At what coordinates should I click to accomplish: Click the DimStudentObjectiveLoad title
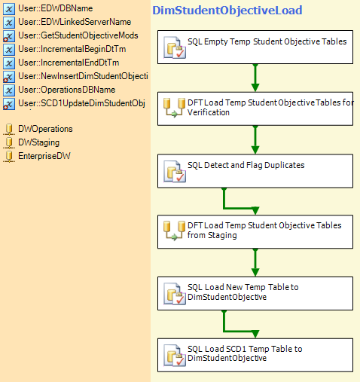click(x=227, y=11)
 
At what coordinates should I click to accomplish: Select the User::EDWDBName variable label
click(x=56, y=8)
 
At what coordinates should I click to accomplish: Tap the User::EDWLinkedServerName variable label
click(x=75, y=22)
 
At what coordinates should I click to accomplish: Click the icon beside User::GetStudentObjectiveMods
click(x=9, y=36)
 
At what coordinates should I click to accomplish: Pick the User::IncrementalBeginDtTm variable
click(x=72, y=49)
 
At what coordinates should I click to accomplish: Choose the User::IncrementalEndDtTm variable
click(x=69, y=63)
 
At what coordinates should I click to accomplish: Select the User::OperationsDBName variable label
click(x=67, y=90)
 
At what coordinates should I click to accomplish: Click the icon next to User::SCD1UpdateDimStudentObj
click(x=9, y=104)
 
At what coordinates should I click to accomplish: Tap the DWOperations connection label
click(x=45, y=129)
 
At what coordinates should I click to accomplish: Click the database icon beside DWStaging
click(x=9, y=142)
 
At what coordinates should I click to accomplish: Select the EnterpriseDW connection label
click(x=44, y=156)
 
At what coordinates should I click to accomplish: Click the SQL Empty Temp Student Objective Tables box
click(x=255, y=47)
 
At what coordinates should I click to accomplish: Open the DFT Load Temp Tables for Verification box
click(x=255, y=108)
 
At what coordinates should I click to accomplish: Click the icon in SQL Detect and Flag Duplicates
click(x=175, y=172)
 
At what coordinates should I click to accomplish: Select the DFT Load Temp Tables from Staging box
click(x=255, y=232)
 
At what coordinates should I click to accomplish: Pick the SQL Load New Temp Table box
click(x=255, y=294)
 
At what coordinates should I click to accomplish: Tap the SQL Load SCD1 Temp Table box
click(x=255, y=355)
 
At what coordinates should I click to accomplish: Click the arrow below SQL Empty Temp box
click(x=255, y=78)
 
